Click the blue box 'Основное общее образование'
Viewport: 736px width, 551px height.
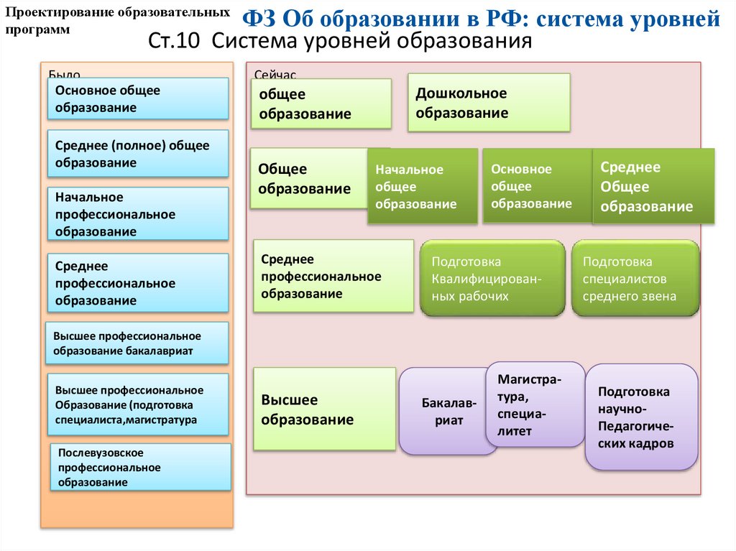pos(137,98)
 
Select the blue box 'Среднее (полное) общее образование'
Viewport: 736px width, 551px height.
pos(137,154)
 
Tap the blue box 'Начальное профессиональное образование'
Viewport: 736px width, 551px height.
pos(137,214)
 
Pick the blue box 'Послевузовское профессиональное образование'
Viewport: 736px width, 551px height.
pos(141,467)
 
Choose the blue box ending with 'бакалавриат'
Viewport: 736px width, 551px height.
pos(137,343)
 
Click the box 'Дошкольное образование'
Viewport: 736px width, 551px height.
pos(489,103)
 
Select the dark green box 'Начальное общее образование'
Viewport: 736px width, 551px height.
pos(423,187)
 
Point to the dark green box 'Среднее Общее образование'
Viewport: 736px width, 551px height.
pos(653,187)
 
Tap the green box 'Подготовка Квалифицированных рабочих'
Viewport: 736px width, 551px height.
pos(492,279)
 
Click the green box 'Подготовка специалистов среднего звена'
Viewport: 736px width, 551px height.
pos(635,279)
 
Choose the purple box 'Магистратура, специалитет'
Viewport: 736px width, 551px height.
pos(535,404)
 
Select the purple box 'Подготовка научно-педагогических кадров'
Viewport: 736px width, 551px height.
pos(642,417)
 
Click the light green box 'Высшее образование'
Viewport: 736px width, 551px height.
pos(325,409)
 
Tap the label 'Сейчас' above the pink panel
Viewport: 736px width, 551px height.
pos(275,74)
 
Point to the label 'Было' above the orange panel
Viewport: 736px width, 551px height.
pos(64,74)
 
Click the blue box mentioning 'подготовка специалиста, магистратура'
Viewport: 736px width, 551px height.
pos(137,405)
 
